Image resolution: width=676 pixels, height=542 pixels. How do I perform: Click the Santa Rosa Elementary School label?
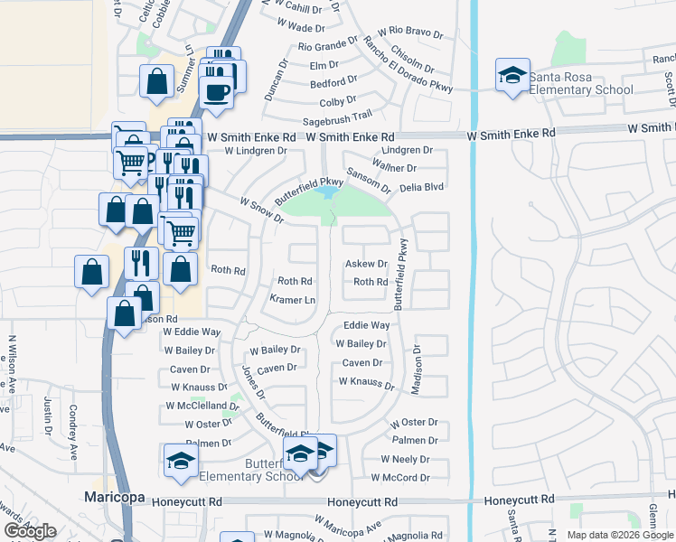click(x=580, y=83)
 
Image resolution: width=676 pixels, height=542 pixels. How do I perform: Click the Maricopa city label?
click(x=115, y=497)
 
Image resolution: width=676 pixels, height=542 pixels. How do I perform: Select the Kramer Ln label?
click(x=293, y=299)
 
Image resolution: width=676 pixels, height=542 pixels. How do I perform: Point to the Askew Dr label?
click(x=366, y=264)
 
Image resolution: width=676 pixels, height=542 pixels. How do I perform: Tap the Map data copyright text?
click(x=619, y=535)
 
